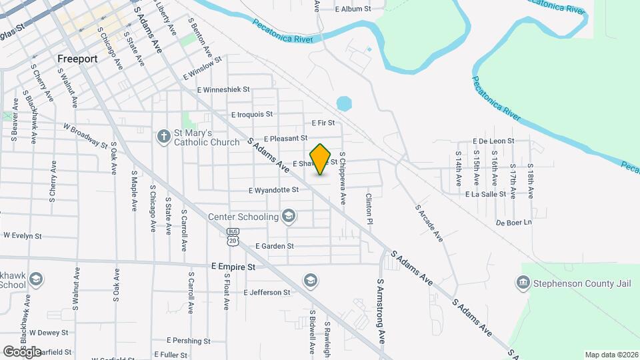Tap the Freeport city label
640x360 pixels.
coord(77,59)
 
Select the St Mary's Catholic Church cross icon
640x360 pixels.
coord(164,137)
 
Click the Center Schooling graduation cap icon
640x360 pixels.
coord(289,216)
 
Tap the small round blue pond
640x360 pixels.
coord(344,103)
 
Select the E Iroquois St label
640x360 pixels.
coord(252,115)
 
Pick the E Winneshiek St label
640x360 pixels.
coord(223,89)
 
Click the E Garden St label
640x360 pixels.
coord(275,246)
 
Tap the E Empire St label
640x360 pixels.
coord(233,266)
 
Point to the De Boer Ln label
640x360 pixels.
coord(514,222)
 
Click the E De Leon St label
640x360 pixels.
coord(493,141)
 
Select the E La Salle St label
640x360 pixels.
coord(486,194)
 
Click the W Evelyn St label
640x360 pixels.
coord(23,235)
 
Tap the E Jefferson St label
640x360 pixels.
coord(267,292)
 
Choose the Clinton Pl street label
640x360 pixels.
coord(368,208)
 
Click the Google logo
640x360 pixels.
coord(22,351)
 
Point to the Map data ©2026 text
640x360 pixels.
coord(611,355)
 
